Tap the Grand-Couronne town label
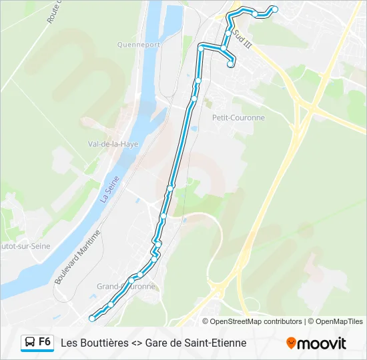click(x=126, y=286)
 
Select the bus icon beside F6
click(x=29, y=343)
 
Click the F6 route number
click(x=45, y=342)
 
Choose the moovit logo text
click(x=322, y=343)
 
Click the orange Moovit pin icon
click(x=291, y=343)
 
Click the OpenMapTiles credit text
click(x=339, y=321)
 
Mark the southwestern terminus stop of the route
click(x=92, y=319)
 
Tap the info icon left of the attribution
click(x=206, y=321)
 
